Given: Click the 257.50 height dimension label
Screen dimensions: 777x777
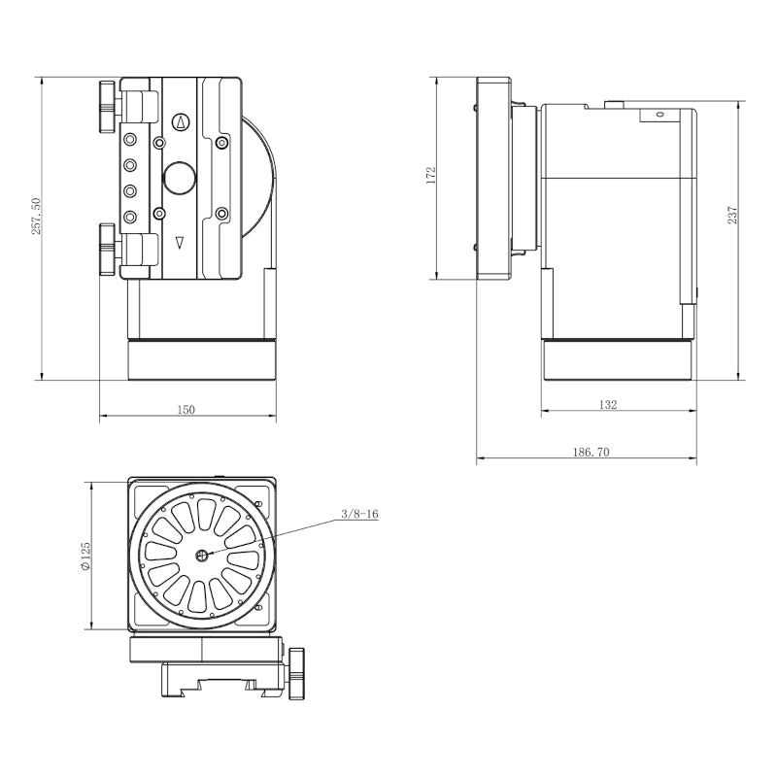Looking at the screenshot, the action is coord(37,216).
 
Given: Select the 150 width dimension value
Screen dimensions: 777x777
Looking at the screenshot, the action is coord(186,410).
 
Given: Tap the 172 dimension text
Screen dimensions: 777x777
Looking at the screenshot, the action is coord(430,176).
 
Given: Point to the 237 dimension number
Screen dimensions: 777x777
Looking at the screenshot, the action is coord(733,215).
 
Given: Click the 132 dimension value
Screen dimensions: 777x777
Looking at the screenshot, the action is coord(608,405).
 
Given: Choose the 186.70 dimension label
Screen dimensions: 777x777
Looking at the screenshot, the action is coord(591,452).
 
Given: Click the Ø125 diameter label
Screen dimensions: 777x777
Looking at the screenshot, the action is coord(85,556).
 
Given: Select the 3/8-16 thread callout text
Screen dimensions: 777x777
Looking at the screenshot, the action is coord(359,514).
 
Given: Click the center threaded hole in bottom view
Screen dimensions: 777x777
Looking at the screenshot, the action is coord(202,556).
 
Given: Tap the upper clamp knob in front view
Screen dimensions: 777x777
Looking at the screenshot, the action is coord(108,107).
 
